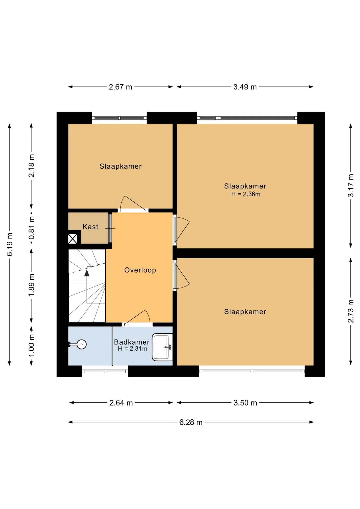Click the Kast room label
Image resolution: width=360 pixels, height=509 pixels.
90,227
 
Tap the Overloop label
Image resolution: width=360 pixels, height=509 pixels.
140,270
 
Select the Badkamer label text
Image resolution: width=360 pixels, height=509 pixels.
132,342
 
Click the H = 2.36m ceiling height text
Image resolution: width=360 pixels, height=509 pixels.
246,194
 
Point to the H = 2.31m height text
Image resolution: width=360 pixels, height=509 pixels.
133,349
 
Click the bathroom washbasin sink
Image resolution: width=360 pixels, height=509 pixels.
162,347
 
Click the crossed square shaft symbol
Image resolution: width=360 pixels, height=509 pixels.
73,239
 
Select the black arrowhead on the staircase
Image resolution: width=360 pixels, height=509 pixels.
87,273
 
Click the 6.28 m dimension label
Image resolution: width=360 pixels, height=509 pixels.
191,422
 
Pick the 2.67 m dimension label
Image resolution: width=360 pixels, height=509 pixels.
121,87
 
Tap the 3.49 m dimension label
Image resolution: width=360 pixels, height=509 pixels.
245,87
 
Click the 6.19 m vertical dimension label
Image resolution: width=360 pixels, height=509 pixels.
10,244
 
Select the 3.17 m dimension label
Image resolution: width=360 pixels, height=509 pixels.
351,185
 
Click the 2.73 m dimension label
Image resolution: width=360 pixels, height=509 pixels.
351,311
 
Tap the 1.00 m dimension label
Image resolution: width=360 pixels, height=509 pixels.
32,346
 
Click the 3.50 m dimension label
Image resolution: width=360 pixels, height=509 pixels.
245,403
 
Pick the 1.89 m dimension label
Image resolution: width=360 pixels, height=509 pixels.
32,286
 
